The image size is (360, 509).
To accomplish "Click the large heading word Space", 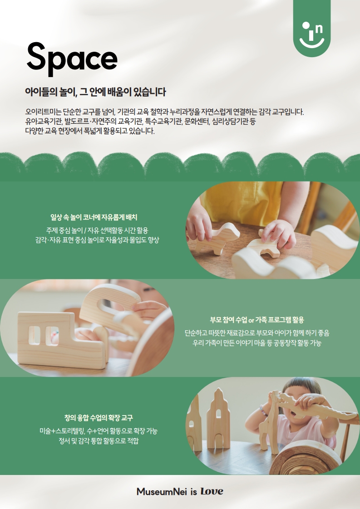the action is point(72,59).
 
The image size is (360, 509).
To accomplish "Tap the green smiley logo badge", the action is point(311,29).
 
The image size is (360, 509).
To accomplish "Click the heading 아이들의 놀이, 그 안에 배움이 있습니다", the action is point(95,92).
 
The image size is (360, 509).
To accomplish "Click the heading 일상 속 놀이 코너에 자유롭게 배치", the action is point(94,217).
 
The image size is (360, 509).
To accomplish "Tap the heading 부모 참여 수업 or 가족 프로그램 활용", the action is point(256,320).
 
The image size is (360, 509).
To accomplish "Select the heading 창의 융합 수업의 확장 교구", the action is point(99,418).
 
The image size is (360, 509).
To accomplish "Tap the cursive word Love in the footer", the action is point(212,491).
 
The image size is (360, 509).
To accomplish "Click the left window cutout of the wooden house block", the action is point(34,335).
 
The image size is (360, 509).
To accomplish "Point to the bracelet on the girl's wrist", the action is point(263,410).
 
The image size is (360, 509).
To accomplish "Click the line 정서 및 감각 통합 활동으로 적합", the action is point(99,441).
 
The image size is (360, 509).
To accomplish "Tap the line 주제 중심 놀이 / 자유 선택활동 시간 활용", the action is point(97,230).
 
